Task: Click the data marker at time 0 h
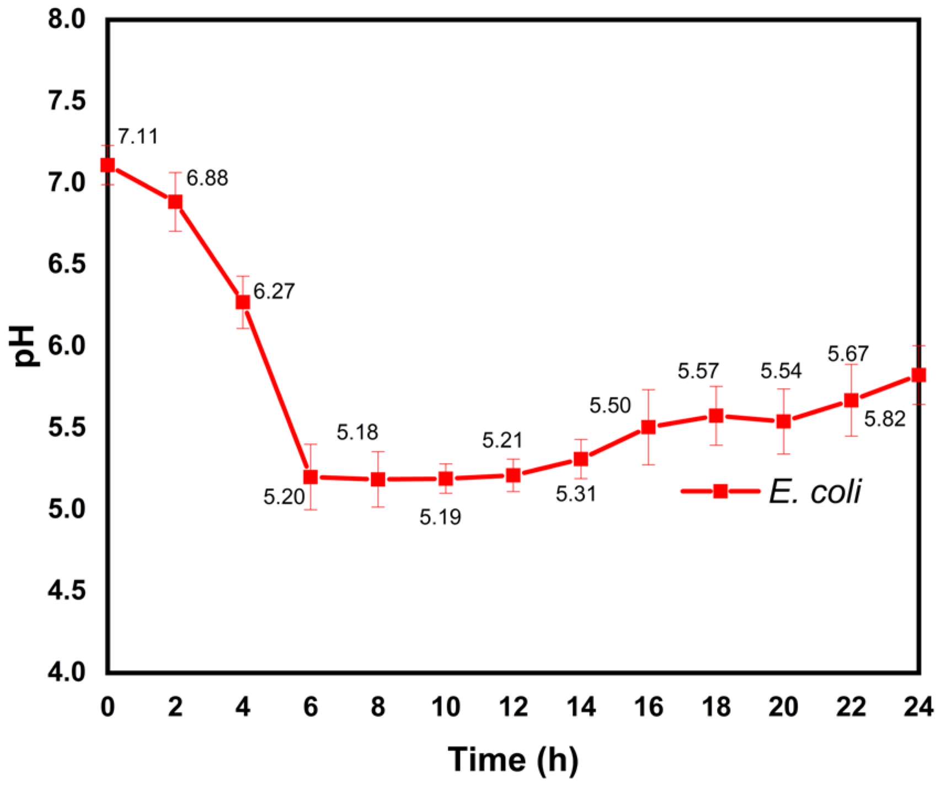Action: (x=108, y=165)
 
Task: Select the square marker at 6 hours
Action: (x=311, y=477)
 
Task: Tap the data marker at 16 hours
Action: (x=649, y=427)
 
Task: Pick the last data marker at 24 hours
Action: (x=918, y=375)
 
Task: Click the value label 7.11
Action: (x=138, y=136)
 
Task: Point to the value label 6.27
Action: (x=274, y=291)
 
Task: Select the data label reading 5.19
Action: (x=440, y=517)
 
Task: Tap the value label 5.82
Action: (x=885, y=419)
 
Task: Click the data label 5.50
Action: (x=610, y=406)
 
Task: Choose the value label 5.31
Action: (x=576, y=494)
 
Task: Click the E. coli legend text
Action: (x=815, y=491)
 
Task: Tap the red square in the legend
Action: (x=720, y=491)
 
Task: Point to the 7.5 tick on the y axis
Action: (x=68, y=101)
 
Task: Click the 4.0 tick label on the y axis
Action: (x=68, y=672)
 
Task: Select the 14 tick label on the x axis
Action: (x=581, y=707)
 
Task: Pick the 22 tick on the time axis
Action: (x=851, y=707)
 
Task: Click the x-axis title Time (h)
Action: (x=513, y=760)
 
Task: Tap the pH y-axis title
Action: (x=25, y=346)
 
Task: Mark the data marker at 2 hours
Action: (x=175, y=202)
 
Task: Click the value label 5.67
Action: (x=848, y=353)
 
